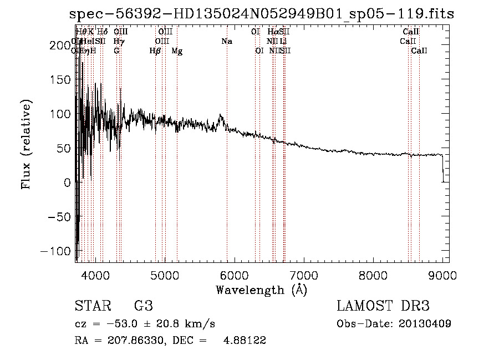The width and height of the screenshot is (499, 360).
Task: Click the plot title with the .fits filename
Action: (x=261, y=14)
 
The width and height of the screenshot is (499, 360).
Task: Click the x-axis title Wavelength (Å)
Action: (x=261, y=290)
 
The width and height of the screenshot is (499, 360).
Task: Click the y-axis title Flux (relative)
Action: (x=27, y=144)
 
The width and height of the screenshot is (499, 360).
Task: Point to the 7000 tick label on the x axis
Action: (x=304, y=275)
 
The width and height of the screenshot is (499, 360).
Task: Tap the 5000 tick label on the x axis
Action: (x=165, y=275)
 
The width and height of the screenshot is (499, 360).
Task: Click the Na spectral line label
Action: (x=226, y=42)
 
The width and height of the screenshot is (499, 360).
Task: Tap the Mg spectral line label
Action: (x=177, y=51)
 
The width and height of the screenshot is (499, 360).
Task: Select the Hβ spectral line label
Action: (x=155, y=51)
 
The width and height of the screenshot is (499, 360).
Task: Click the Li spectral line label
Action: (x=283, y=42)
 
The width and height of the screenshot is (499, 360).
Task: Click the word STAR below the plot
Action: (x=90, y=306)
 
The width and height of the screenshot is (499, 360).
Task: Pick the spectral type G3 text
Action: (x=143, y=306)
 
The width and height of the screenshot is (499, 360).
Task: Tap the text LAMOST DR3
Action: (x=383, y=306)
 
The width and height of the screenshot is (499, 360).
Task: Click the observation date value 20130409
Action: (x=425, y=323)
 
